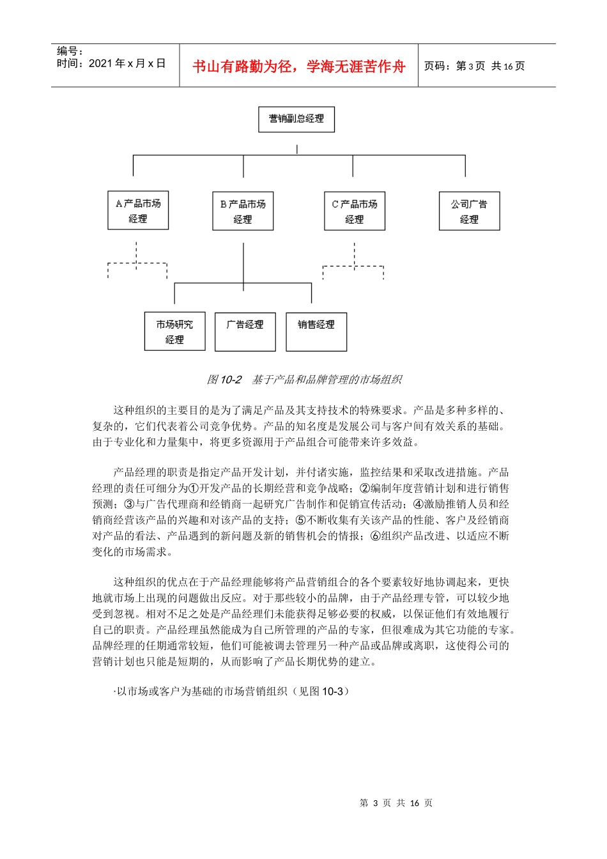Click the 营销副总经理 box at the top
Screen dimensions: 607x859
[296, 119]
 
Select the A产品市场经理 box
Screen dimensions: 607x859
[138, 211]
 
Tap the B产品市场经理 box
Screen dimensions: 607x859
[243, 212]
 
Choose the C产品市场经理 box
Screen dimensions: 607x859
[355, 212]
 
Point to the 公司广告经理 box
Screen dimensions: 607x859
[469, 212]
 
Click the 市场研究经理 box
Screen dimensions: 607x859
[174, 332]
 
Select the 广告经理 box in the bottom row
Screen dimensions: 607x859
[245, 332]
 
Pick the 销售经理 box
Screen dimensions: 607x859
[316, 332]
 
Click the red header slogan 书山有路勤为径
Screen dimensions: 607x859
[298, 66]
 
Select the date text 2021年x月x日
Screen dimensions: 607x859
[127, 63]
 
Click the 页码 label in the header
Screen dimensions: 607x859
[438, 66]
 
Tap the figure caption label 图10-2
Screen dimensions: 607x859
[224, 380]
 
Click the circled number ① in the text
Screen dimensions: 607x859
[194, 488]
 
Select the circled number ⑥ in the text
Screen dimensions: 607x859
[375, 536]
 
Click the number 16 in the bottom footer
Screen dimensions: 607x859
[414, 803]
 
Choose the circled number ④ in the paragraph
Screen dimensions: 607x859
[419, 504]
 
